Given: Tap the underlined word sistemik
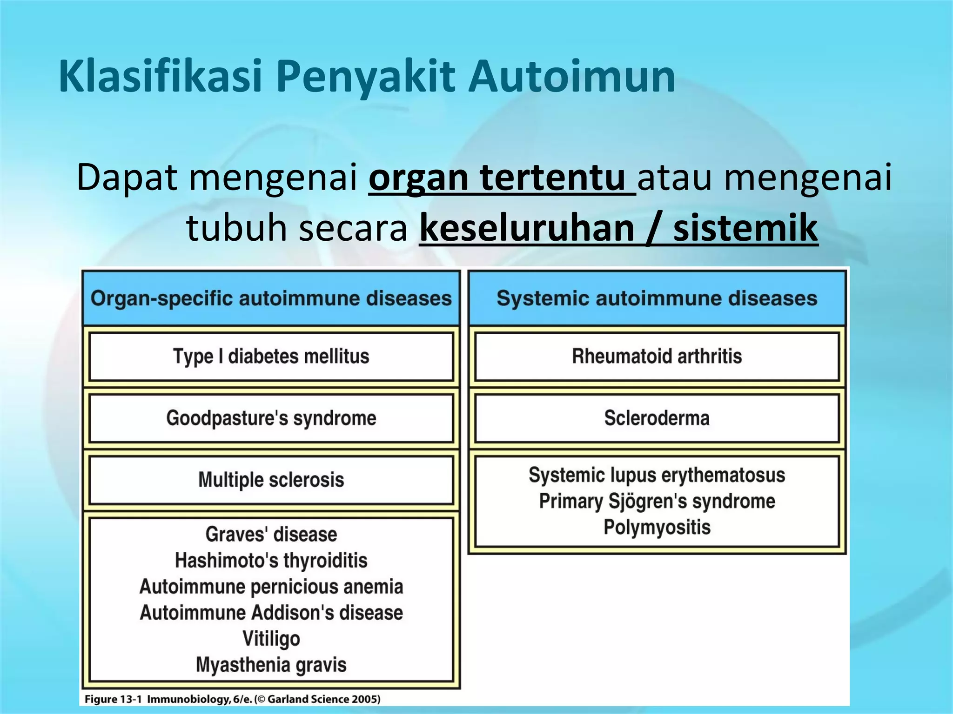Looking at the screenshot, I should tap(745, 228).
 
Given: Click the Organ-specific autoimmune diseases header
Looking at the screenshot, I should tap(271, 298).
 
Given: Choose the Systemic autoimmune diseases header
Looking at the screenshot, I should tap(657, 298).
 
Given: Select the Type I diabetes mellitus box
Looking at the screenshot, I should tap(271, 357).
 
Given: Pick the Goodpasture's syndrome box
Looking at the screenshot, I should tap(271, 418).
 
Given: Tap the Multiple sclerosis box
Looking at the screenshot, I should tap(271, 480).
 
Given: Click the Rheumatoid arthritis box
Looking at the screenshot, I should tap(657, 357).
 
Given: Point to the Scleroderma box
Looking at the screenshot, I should tap(657, 418).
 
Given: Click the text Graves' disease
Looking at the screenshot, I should tap(271, 535).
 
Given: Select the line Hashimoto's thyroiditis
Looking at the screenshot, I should tap(271, 561).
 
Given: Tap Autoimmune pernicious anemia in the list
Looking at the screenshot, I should tap(271, 587).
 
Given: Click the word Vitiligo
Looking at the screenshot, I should tap(271, 639).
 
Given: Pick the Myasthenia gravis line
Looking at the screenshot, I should tap(271, 665).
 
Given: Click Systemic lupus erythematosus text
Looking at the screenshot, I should tap(657, 475).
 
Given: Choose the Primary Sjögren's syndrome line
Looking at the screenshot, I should tap(657, 501).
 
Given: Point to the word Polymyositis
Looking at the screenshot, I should tap(657, 527).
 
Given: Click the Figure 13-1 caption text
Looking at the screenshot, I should tap(232, 699).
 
